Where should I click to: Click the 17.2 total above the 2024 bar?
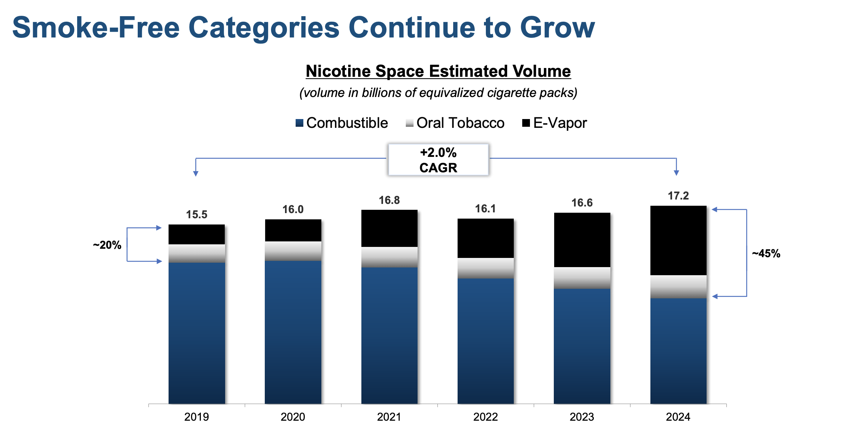pos(678,196)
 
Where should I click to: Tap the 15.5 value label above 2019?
pos(196,215)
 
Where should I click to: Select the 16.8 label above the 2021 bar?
pos(389,200)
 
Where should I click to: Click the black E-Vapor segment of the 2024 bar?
pos(678,241)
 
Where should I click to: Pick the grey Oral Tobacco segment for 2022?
pos(486,268)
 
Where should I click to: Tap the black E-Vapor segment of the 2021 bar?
pos(389,228)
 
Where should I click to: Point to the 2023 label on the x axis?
pos(582,417)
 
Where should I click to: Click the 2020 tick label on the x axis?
pos(293,417)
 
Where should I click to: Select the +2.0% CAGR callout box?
pos(438,160)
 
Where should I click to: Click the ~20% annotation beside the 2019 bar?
pos(107,245)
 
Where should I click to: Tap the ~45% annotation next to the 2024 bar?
pos(766,254)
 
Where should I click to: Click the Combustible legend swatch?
pos(299,123)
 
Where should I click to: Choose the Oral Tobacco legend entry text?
pos(460,123)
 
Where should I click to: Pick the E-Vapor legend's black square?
pos(526,123)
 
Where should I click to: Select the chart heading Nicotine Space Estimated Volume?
pos(438,71)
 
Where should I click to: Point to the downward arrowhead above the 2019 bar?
pos(196,173)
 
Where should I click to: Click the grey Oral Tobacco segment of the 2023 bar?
pos(582,278)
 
